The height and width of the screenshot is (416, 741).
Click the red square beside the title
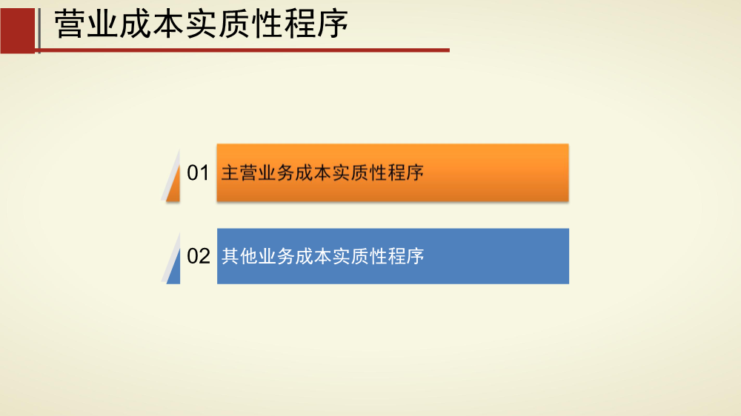click(x=18, y=30)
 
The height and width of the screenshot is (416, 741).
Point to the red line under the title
click(x=242, y=50)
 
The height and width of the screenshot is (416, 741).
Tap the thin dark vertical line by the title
click(x=39, y=30)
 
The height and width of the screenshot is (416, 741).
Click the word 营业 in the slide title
click(x=86, y=24)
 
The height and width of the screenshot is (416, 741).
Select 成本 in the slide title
click(x=151, y=24)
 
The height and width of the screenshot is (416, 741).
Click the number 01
click(x=198, y=172)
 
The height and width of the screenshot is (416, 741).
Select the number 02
click(x=199, y=256)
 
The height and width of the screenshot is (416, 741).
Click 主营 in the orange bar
click(x=239, y=172)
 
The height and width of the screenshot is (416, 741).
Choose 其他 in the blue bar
click(x=239, y=256)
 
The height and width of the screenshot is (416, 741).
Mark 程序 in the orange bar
click(x=405, y=172)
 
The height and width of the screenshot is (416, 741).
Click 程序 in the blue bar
click(x=405, y=256)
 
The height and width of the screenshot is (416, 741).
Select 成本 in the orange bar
click(x=313, y=172)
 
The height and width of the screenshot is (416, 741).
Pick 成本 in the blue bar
click(x=313, y=256)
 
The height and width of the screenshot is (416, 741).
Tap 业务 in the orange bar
click(x=276, y=172)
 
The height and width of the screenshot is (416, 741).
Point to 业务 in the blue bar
click(x=276, y=256)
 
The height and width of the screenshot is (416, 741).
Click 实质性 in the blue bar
click(x=359, y=256)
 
